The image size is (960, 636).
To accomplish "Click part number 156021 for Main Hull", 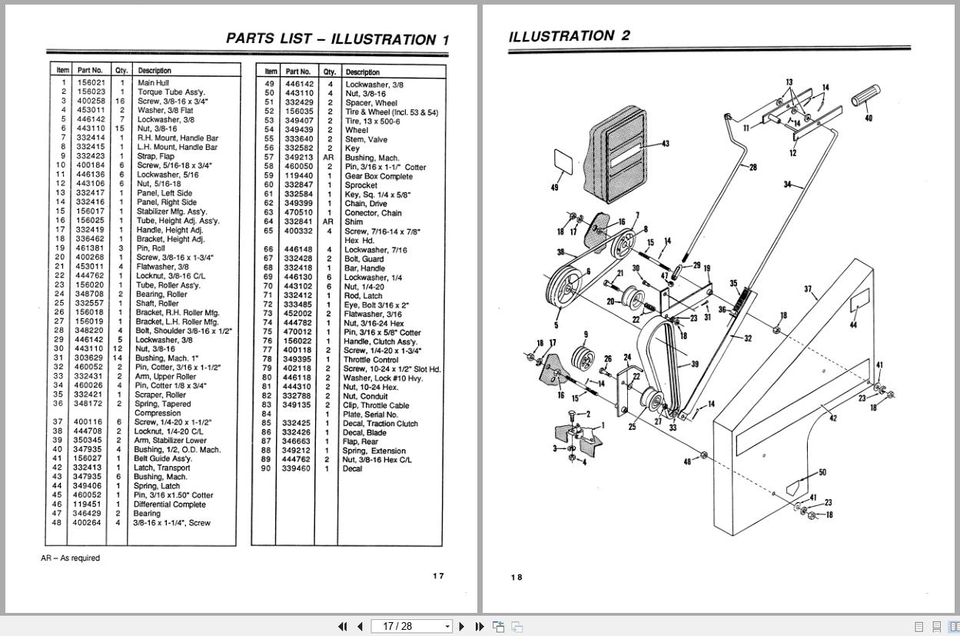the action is tap(91, 82).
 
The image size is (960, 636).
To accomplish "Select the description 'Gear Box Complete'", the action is tap(378, 176).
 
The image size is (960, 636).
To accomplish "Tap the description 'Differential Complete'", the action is tap(169, 504).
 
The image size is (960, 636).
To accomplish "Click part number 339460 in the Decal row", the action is tap(296, 468).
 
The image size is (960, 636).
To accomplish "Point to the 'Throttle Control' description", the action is tap(370, 360).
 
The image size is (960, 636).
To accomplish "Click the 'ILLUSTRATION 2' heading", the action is tap(569, 36).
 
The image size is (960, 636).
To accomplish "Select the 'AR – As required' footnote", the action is tap(70, 558).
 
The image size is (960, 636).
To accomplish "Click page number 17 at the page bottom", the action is tap(438, 576).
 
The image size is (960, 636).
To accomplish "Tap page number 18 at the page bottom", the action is tap(517, 578).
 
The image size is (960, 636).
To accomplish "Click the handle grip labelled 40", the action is tap(865, 96).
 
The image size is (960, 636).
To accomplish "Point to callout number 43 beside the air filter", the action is tap(665, 144).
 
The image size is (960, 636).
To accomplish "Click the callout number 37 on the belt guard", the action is tap(808, 289).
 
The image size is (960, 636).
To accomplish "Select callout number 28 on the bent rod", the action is tap(753, 167).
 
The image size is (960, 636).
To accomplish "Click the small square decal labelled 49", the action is tap(563, 161).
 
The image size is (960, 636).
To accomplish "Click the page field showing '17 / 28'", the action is tap(411, 627).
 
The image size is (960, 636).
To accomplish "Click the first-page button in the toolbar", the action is tap(343, 627).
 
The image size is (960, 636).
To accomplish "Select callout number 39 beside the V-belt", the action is tap(695, 364).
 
